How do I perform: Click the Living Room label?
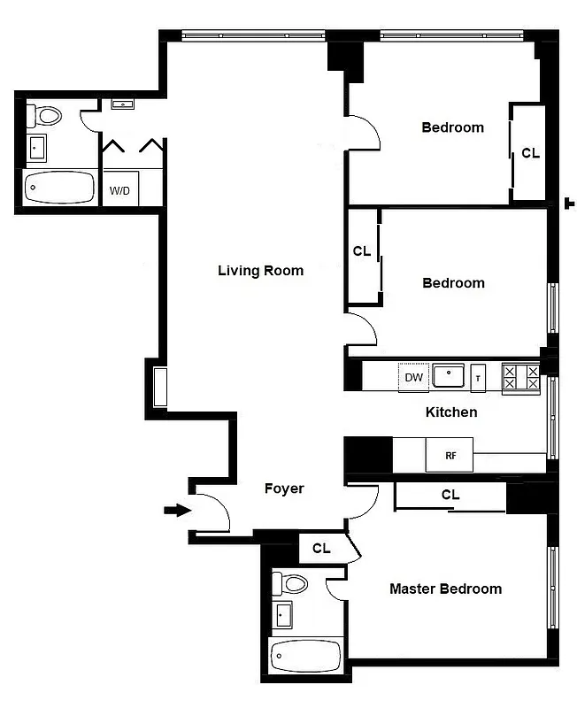coord(260,271)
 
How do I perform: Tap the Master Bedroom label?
coord(445,589)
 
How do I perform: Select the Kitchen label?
coord(451,412)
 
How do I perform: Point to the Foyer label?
coord(284,489)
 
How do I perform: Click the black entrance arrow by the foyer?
coord(178,510)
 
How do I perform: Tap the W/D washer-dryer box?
coord(119,190)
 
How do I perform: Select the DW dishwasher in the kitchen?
coord(413,378)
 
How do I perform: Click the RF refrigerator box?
coord(450,455)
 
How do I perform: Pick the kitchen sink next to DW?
coord(449,376)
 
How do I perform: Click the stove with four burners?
coord(520,378)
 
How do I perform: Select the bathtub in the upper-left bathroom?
coord(58,188)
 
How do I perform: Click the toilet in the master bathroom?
coord(290,584)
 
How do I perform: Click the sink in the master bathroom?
coord(283,614)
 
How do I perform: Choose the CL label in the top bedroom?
coord(530,153)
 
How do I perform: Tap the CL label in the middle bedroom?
coord(362,251)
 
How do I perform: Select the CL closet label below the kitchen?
coord(450,496)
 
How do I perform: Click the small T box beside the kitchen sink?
coord(478,378)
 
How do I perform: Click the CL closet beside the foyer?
coord(321,549)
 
